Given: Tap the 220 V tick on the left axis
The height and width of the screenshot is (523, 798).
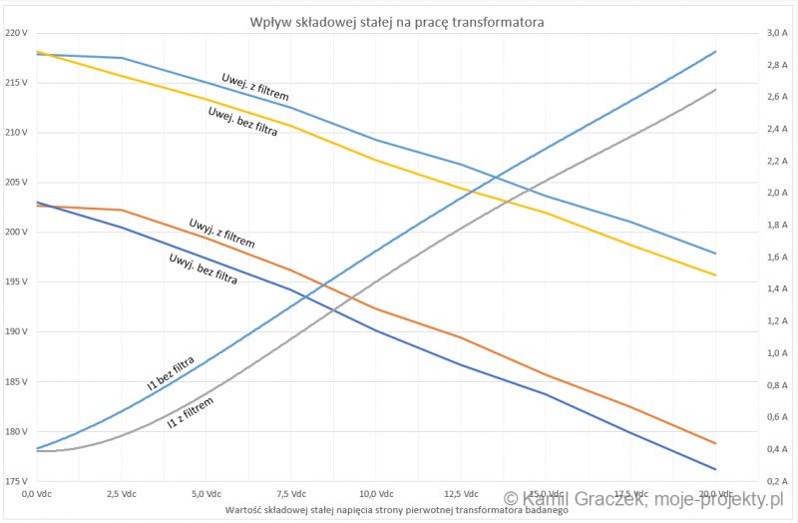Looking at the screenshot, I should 16,33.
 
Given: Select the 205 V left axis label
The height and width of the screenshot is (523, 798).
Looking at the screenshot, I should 16,182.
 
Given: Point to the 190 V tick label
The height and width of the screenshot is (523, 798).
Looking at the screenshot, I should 16,331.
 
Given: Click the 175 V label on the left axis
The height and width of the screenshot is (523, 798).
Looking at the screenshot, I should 16,481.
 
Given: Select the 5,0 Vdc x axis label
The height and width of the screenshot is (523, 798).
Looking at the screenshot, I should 205,494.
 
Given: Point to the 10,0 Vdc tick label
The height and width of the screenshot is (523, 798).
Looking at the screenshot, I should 374,494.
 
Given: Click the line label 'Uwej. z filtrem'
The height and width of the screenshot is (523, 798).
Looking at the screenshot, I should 254,88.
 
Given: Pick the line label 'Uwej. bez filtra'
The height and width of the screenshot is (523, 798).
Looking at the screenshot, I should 242,120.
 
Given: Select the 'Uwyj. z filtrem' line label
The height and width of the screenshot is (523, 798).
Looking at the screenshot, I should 221,233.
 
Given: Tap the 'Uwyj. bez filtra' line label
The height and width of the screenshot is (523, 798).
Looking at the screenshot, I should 203,268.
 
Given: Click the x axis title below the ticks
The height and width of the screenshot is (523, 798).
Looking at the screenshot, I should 397,509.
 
